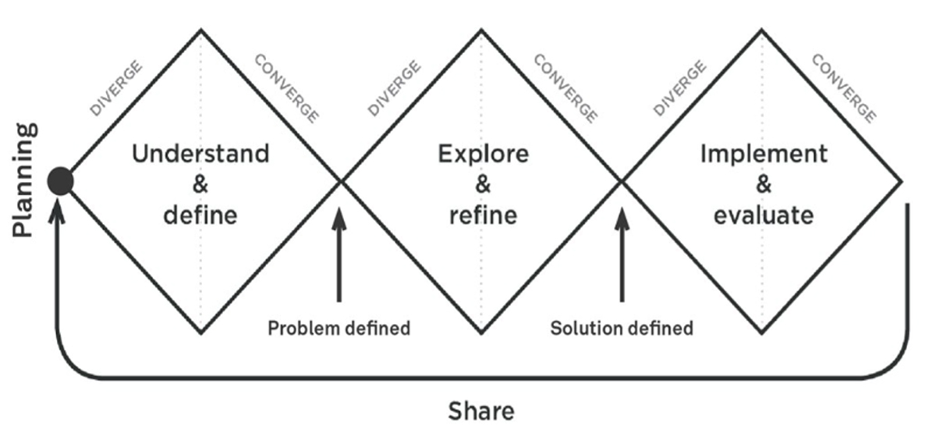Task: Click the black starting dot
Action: (x=60, y=181)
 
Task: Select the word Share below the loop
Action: (x=481, y=411)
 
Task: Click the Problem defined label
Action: (x=339, y=328)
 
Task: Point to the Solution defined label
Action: (x=622, y=328)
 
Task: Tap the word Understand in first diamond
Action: (x=200, y=153)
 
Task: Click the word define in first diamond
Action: (x=200, y=214)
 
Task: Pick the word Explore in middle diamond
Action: (x=483, y=153)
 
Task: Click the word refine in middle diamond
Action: (x=483, y=214)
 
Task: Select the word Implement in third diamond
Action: (x=764, y=153)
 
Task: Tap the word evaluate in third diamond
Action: (x=764, y=214)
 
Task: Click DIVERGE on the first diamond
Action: (x=117, y=88)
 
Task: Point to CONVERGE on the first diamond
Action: (x=287, y=88)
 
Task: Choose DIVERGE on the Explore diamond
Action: (x=395, y=88)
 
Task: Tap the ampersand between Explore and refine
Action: (x=483, y=184)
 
